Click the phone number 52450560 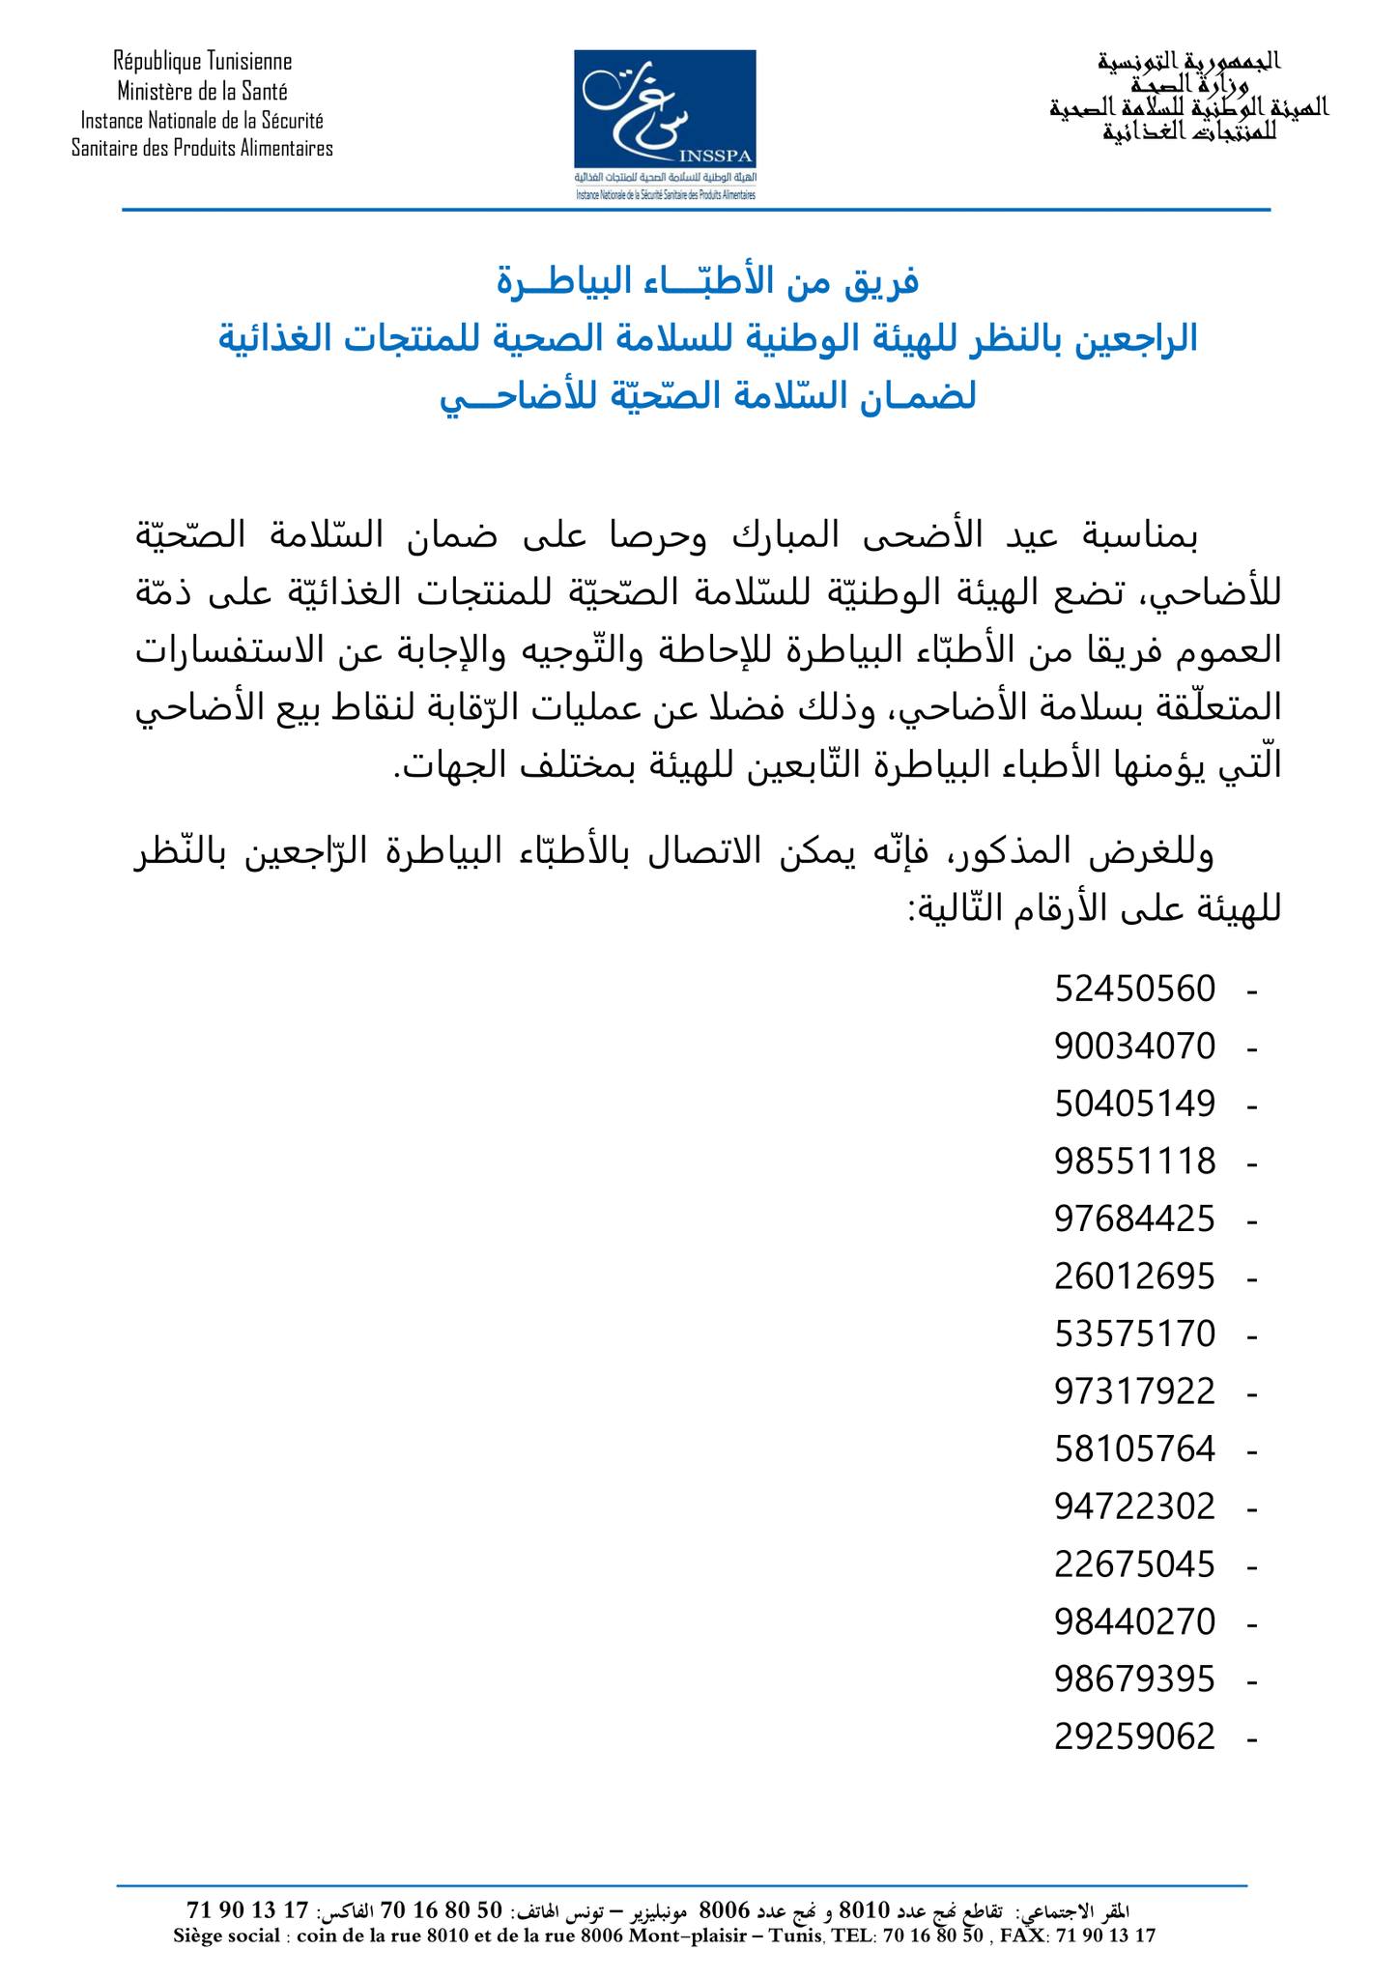(x=1134, y=989)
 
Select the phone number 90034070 (x=1134, y=1047)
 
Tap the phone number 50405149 (x=1134, y=1104)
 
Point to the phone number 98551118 (x=1134, y=1162)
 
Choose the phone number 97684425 (x=1134, y=1219)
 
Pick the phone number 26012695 (x=1134, y=1277)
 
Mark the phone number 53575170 (x=1134, y=1334)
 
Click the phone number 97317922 (x=1134, y=1392)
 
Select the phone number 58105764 (x=1134, y=1449)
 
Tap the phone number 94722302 (x=1134, y=1507)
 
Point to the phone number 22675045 (x=1134, y=1564)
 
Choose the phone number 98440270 (x=1134, y=1622)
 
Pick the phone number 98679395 (x=1134, y=1679)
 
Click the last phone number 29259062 (x=1134, y=1737)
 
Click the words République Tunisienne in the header (x=203, y=62)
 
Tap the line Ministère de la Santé (x=203, y=92)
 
